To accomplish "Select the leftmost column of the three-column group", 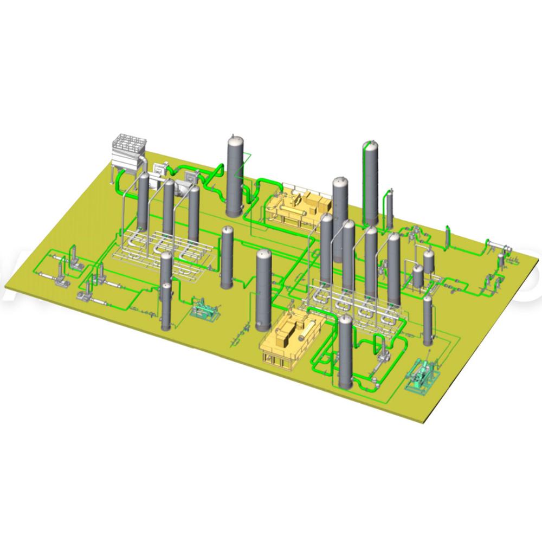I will (x=143, y=201).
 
